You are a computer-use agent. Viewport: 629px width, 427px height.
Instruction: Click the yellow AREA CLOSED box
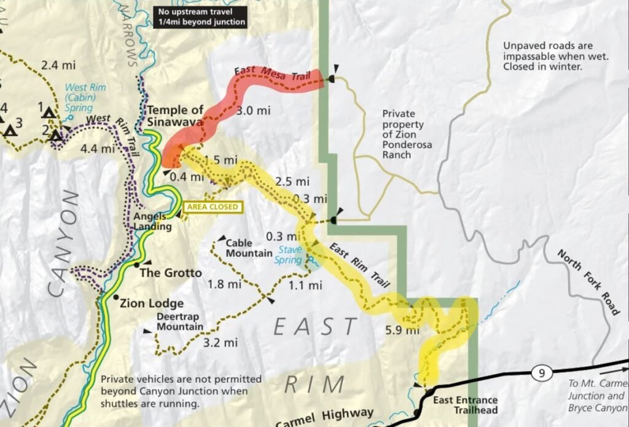[213, 207]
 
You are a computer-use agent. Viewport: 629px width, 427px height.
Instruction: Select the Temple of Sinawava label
[175, 116]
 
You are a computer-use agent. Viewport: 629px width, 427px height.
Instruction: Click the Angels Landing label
[152, 222]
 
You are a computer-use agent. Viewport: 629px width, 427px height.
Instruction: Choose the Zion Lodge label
[151, 303]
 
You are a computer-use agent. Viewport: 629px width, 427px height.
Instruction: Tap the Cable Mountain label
[249, 248]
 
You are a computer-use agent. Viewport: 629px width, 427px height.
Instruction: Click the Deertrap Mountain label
[179, 321]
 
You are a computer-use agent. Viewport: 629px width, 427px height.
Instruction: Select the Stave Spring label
[290, 254]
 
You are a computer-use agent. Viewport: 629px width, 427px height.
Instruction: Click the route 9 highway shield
[539, 373]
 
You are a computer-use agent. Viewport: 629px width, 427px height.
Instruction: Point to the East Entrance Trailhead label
[465, 405]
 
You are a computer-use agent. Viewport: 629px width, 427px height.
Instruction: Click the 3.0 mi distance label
[254, 111]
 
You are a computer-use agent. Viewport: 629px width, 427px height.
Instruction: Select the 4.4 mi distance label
[98, 149]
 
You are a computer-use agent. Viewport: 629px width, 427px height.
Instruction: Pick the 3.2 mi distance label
[220, 342]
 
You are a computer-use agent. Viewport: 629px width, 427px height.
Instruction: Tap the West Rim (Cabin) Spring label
[85, 97]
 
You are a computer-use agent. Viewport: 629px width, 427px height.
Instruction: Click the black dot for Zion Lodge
[116, 297]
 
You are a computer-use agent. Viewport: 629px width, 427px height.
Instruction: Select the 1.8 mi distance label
[224, 284]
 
